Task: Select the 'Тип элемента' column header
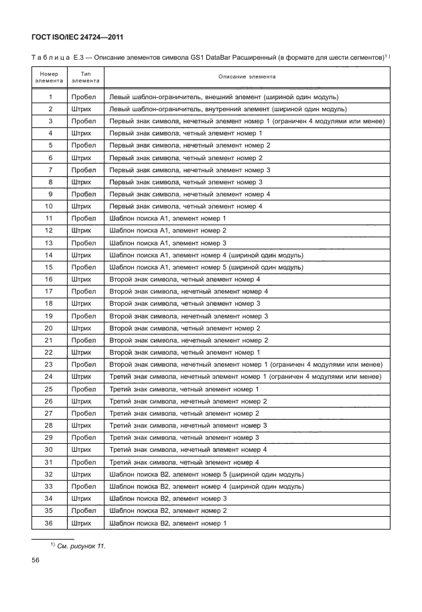(85, 76)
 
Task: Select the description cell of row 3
(246, 121)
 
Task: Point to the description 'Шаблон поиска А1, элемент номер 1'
(167, 219)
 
